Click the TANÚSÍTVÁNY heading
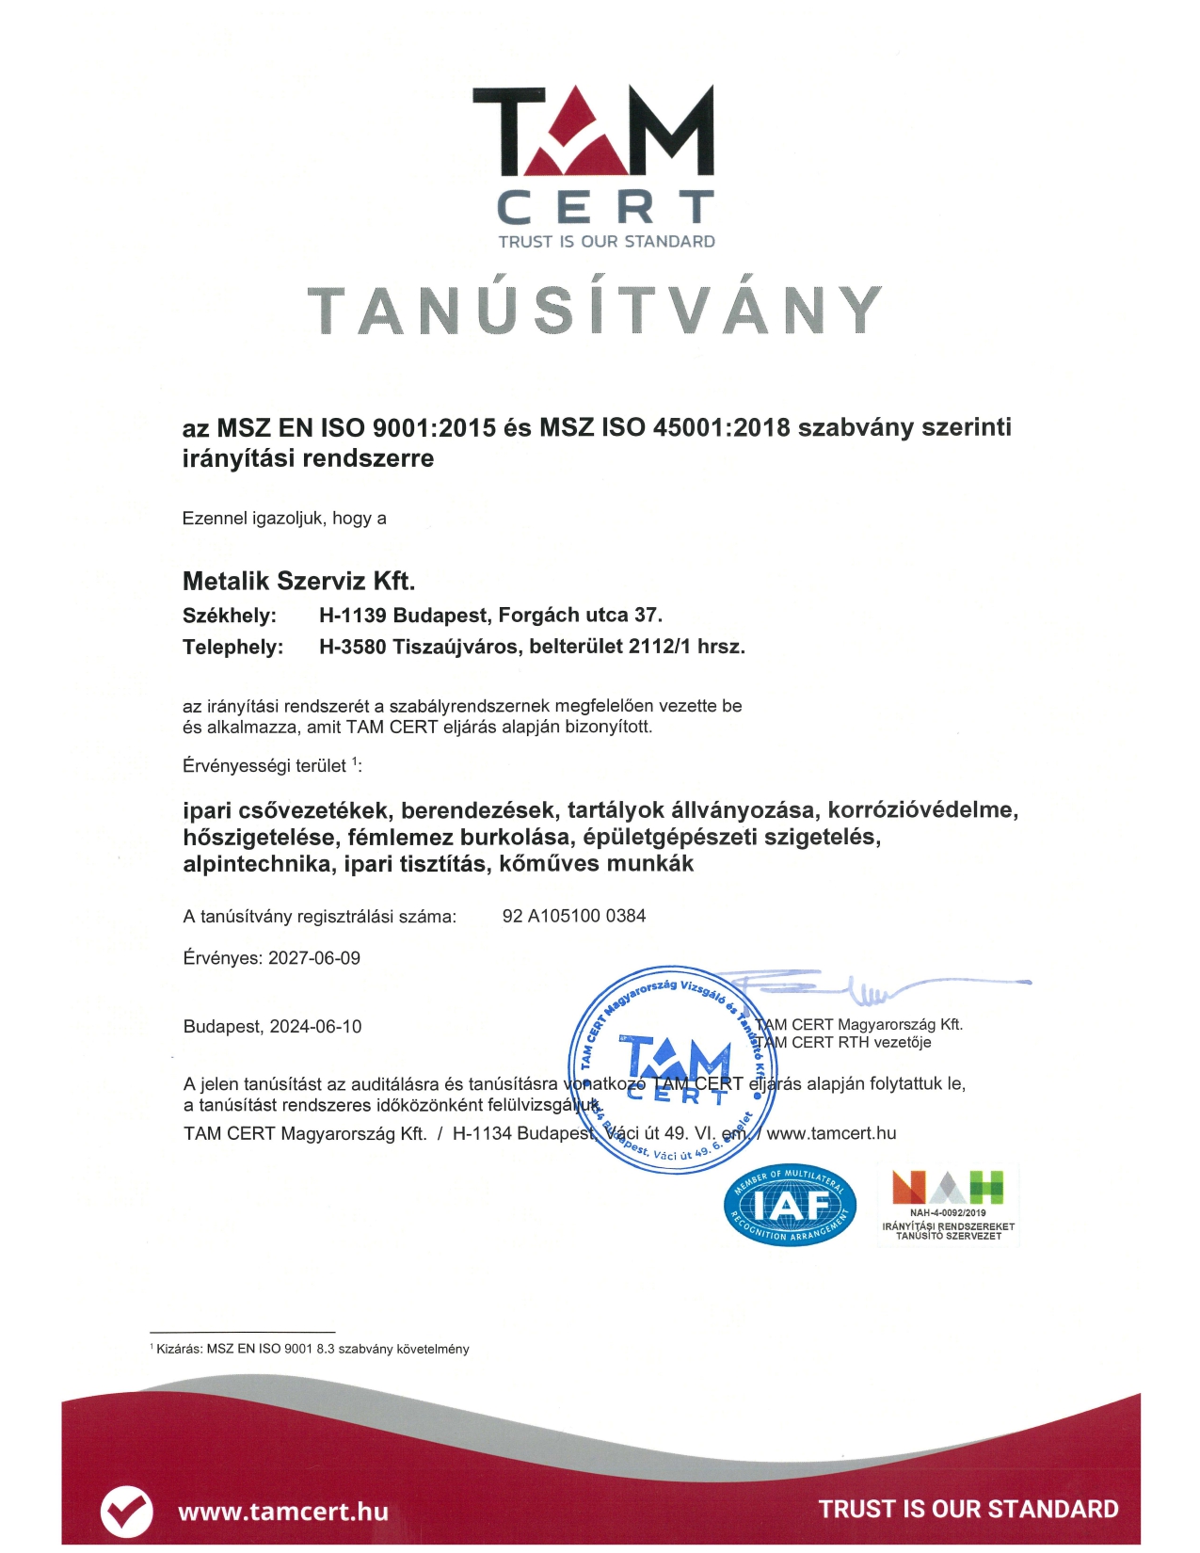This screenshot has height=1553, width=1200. (595, 310)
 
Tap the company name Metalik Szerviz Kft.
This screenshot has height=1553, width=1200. (298, 581)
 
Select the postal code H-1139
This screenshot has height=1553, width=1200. (352, 616)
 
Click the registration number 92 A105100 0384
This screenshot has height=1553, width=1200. (574, 916)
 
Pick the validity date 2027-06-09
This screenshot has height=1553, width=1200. (314, 958)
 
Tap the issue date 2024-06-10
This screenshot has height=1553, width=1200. (315, 1027)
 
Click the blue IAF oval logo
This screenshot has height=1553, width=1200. (791, 1205)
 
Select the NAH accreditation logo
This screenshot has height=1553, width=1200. (948, 1205)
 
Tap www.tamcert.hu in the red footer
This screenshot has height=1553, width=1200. (283, 1512)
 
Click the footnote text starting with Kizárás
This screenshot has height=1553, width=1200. (312, 1349)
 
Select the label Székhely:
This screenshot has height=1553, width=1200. (230, 616)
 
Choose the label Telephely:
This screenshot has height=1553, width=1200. (232, 648)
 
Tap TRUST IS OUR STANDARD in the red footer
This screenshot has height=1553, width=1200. (968, 1510)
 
